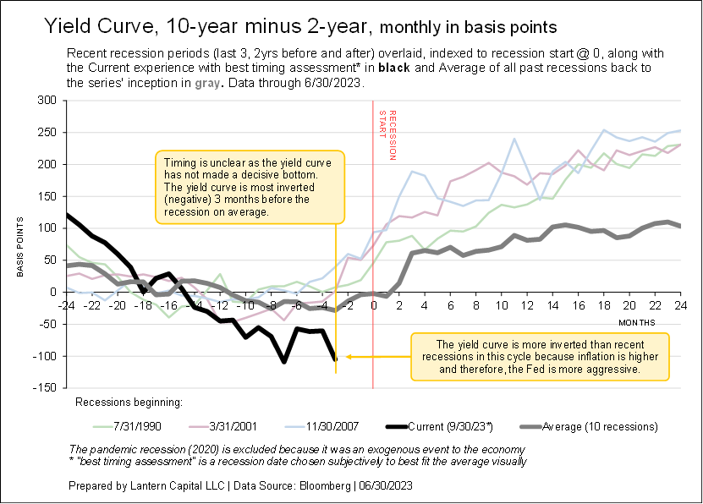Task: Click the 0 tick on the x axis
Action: pyautogui.click(x=373, y=305)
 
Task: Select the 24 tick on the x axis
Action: pyautogui.click(x=681, y=305)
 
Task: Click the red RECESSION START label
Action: pyautogui.click(x=387, y=135)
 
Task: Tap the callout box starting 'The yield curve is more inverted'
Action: pyautogui.click(x=540, y=357)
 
